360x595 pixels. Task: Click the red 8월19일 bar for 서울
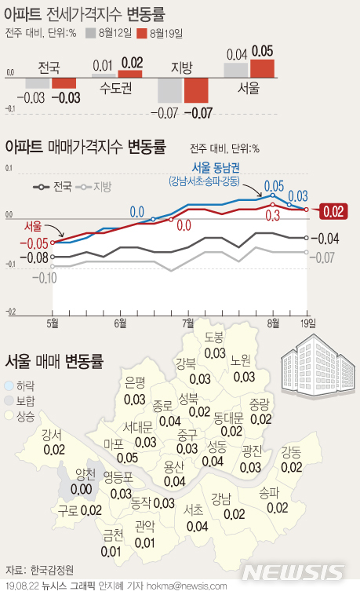click(x=262, y=68)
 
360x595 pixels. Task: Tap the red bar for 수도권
click(x=131, y=74)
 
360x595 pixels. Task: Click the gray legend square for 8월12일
click(x=90, y=33)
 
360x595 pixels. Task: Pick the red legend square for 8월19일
click(x=141, y=33)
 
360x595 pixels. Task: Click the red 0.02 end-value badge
click(x=334, y=210)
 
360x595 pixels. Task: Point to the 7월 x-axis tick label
click(x=188, y=323)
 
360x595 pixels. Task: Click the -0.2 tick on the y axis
click(x=10, y=312)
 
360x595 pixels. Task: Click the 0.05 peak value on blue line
click(x=274, y=186)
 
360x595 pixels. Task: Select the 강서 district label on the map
click(x=53, y=436)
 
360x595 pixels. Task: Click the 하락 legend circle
click(x=9, y=386)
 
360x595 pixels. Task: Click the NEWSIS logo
click(x=312, y=571)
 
